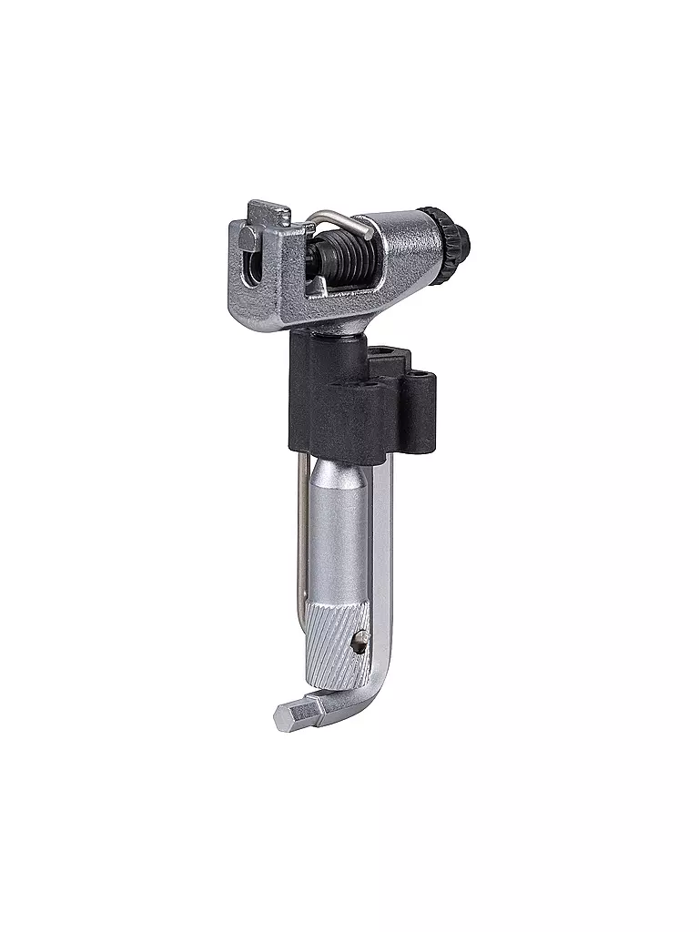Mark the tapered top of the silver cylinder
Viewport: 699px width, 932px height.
coord(339,471)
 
